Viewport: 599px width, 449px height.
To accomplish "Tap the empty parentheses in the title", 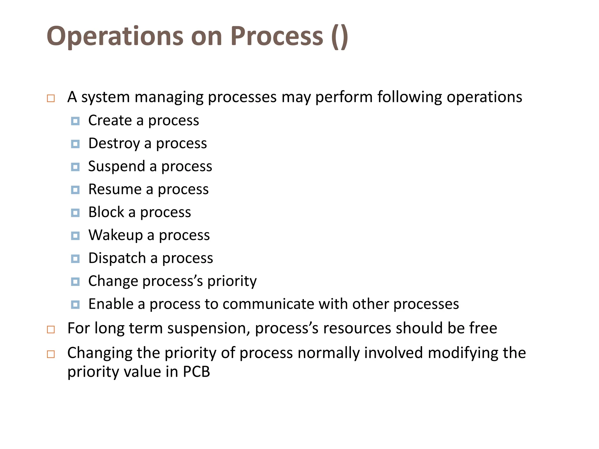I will coord(340,36).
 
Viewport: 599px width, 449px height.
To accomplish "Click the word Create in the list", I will coord(110,120).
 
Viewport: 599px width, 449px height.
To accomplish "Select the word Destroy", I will coord(114,144).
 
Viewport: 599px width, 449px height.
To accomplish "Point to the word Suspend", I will coord(116,166).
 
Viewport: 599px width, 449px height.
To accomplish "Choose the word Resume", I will coord(115,189).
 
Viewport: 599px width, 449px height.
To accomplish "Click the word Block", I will coord(106,212).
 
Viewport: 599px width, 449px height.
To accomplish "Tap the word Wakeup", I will coord(116,235).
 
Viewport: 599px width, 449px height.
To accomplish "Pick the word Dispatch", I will coord(117,258).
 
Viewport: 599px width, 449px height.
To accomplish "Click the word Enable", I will coord(111,304).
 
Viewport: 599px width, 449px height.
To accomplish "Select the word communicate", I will coord(268,304).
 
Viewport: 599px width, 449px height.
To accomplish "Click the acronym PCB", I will coord(196,372).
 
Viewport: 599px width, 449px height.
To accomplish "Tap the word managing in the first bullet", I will coord(169,97).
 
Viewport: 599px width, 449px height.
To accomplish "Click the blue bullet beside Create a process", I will coord(75,121).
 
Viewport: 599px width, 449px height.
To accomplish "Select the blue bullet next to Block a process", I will coord(75,213).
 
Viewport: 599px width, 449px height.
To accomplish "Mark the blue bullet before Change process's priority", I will coord(75,282).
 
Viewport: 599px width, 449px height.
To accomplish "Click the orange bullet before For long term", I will coord(51,329).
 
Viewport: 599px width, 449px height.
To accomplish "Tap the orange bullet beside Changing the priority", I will coord(51,354).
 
